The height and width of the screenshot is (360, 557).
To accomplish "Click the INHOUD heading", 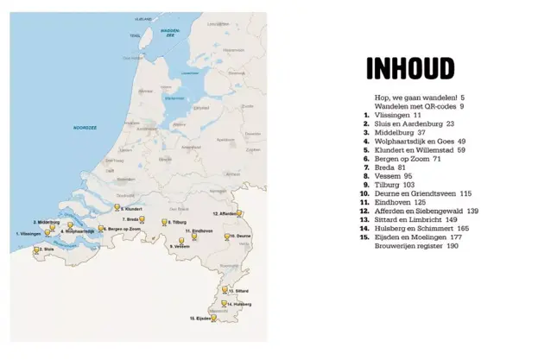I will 410,68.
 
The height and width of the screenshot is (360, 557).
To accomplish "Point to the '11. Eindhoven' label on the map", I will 198,231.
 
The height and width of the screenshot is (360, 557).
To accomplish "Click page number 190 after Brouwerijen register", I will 453,246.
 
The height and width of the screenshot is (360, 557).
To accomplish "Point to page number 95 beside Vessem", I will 408,176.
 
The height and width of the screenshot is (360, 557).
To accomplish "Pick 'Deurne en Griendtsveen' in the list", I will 416,193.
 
